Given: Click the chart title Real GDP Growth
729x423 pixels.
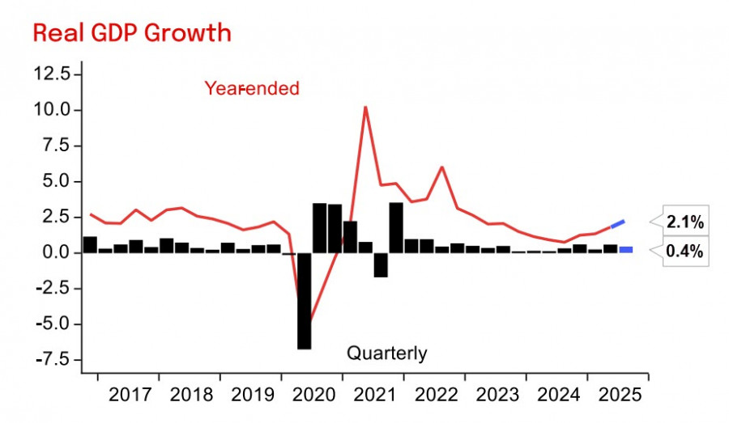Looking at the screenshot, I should (131, 33).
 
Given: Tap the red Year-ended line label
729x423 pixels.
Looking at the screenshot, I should (251, 88).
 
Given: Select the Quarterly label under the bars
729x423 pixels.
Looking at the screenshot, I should (386, 353).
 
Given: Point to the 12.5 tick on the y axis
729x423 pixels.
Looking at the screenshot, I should (53, 74).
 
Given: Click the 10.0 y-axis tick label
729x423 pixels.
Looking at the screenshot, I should (53, 110).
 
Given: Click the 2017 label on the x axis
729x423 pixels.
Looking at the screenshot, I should (130, 396).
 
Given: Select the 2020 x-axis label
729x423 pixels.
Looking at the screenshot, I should (313, 396).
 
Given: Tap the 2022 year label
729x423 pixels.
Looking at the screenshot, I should (435, 396).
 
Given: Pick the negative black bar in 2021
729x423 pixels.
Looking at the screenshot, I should (381, 264).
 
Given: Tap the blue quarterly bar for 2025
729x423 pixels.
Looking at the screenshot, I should (626, 249).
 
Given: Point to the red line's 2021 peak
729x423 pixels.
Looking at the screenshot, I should (365, 108).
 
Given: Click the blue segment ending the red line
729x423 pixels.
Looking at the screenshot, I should (617, 224).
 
